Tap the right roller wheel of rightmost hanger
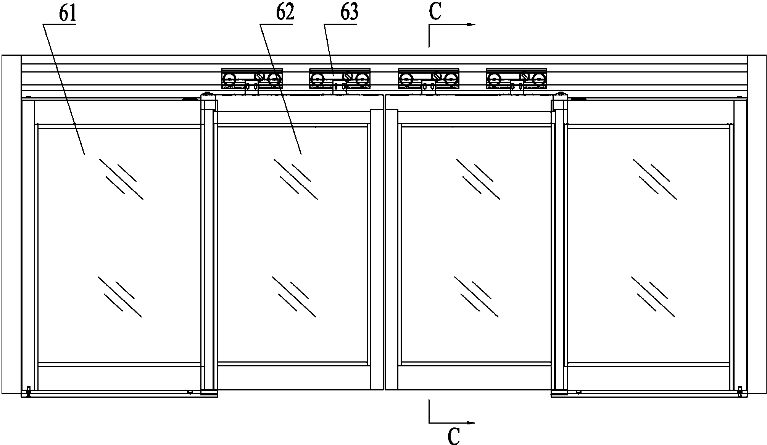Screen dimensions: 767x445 (538, 79)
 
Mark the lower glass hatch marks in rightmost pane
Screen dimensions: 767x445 (653, 297)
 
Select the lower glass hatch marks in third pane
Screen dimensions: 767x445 (477, 297)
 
